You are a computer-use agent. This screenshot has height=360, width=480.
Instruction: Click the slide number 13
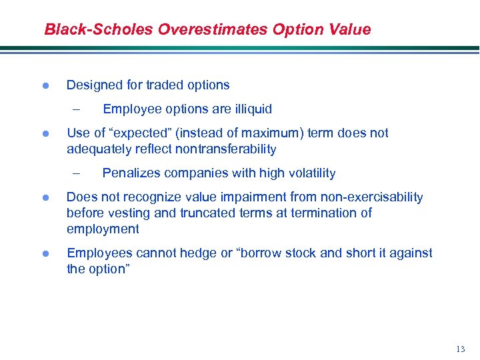461,349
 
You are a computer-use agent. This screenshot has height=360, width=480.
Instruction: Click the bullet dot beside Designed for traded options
45,86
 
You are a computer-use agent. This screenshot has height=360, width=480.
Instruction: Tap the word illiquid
250,109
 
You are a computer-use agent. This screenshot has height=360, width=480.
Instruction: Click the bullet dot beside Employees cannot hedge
45,253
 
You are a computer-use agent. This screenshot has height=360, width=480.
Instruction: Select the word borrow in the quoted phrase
259,253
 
